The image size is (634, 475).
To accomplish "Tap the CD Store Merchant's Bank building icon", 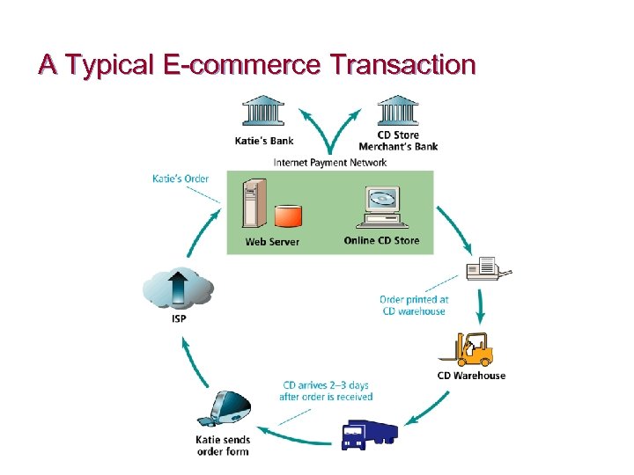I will tap(398, 113).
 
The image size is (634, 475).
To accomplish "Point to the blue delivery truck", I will tap(369, 435).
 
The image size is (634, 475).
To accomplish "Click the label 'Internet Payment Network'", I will tap(330, 162).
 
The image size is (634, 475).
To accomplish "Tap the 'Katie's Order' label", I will tap(181, 179).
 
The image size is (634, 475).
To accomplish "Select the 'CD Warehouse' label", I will tap(472, 376).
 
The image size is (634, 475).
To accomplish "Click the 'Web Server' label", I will tap(272, 242).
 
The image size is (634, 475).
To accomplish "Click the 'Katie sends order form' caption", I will tap(223, 445).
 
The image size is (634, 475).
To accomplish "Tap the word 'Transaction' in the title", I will tap(402, 65).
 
